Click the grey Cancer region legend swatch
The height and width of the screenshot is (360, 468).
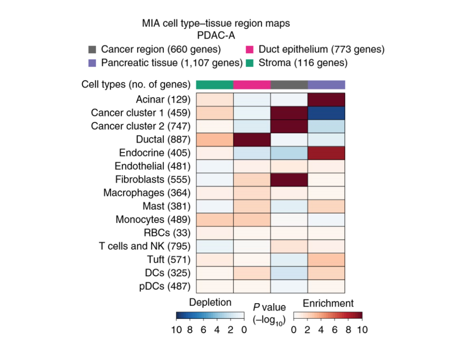(x=92, y=49)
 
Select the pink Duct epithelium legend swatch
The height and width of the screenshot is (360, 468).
(x=250, y=49)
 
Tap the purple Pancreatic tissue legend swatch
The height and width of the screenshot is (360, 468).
(x=92, y=63)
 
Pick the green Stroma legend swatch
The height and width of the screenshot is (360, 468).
(x=250, y=63)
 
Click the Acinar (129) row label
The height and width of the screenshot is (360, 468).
(x=163, y=100)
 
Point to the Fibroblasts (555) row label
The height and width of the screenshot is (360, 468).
(x=153, y=179)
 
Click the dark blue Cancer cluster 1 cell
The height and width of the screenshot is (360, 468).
(x=326, y=113)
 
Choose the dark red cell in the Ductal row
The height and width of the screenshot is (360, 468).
(x=252, y=139)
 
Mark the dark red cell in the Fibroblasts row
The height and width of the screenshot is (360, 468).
(x=289, y=179)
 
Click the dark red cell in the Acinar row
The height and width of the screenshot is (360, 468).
(x=326, y=100)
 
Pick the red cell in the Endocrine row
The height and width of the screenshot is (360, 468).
(x=326, y=153)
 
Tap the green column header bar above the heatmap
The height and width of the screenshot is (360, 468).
(x=214, y=84)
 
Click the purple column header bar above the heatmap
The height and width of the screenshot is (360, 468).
(x=326, y=84)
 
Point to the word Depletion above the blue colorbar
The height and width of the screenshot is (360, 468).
(x=210, y=303)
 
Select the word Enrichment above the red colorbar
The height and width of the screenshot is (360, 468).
(x=328, y=303)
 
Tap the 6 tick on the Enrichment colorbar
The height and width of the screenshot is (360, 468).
(x=335, y=330)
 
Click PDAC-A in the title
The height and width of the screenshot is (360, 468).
(x=216, y=36)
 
